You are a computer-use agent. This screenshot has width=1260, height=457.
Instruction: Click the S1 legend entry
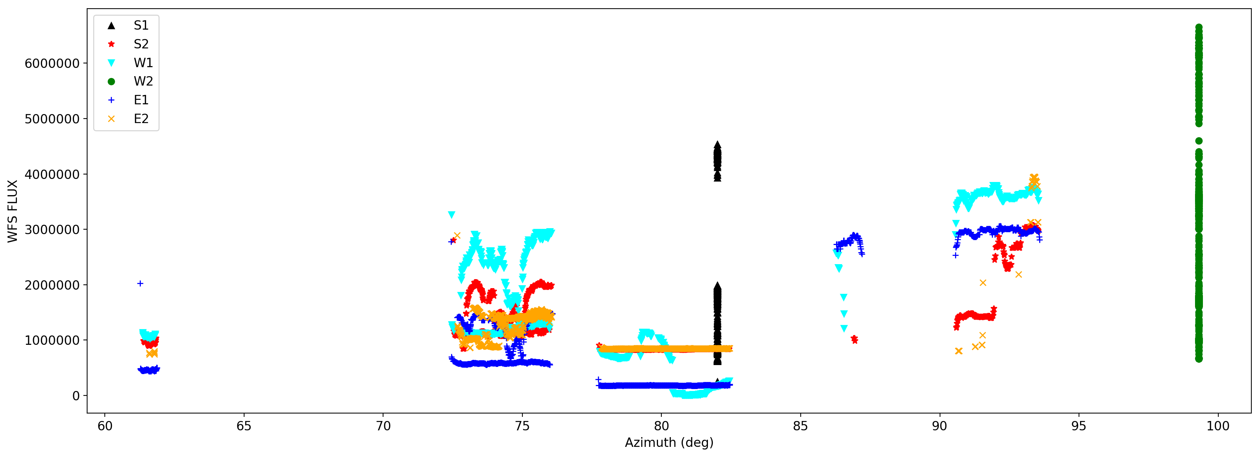click(140, 26)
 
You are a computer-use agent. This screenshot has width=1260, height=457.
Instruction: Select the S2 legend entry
click(140, 44)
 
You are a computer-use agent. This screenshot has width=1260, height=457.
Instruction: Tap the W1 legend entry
click(143, 63)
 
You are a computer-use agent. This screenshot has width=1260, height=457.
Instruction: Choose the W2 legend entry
click(143, 81)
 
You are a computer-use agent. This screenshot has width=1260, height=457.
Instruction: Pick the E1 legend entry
click(140, 100)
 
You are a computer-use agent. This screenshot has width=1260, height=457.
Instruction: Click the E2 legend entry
click(140, 119)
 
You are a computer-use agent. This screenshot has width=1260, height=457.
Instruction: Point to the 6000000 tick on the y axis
click(52, 63)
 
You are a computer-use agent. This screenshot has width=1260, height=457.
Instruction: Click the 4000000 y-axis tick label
click(52, 174)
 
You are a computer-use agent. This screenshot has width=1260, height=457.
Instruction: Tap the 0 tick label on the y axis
click(76, 396)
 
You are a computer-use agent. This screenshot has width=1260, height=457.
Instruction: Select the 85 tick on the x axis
click(800, 426)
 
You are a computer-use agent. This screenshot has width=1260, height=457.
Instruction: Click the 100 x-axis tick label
click(1218, 426)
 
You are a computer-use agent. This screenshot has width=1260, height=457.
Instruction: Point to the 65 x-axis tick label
click(244, 426)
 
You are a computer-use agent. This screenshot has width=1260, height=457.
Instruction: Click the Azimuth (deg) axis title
click(668, 443)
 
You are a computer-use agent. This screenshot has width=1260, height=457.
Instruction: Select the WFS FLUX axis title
click(13, 211)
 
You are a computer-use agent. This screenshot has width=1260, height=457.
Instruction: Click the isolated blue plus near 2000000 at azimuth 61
click(140, 284)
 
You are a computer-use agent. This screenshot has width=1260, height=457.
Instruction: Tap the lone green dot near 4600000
click(1199, 141)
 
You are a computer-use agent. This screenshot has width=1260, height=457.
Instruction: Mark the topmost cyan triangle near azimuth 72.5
click(451, 215)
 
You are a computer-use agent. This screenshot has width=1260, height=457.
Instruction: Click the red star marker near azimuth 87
click(854, 339)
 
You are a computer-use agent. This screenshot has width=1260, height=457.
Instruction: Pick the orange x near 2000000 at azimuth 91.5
click(983, 283)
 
